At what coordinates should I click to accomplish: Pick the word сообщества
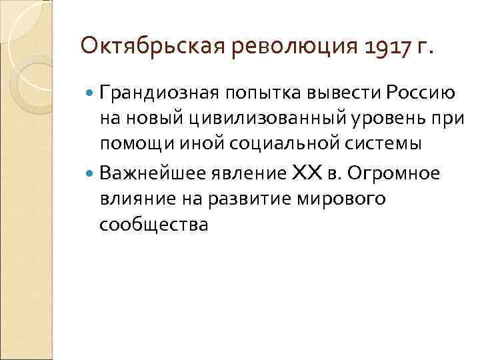(x=153, y=225)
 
